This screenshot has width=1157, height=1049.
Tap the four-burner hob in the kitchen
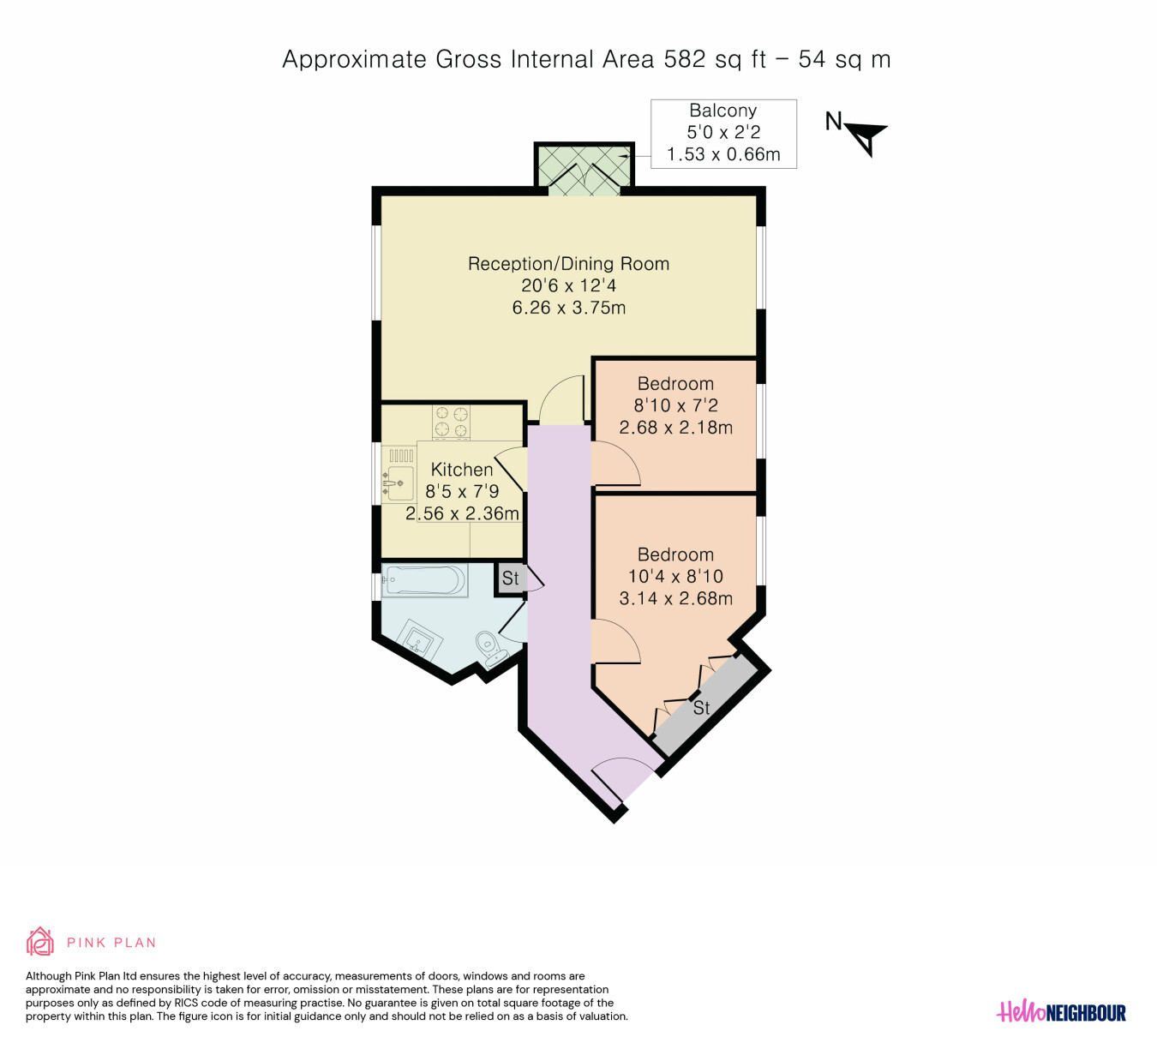[x=451, y=422]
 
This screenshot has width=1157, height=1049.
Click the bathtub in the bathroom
[x=424, y=579]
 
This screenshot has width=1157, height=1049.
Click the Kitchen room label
[x=462, y=469]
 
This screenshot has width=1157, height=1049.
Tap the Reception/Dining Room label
[x=568, y=264]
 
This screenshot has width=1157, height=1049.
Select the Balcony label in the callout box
[x=722, y=111]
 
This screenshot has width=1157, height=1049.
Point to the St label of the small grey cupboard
[x=510, y=578]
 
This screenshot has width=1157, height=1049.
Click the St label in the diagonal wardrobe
[x=701, y=707]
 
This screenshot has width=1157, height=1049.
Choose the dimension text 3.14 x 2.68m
[x=675, y=598]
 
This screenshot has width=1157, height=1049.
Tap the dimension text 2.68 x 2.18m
[x=675, y=427]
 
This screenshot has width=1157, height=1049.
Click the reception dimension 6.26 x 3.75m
[x=569, y=307]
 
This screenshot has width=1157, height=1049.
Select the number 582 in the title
[x=685, y=59]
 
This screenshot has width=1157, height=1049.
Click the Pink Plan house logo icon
[x=39, y=941]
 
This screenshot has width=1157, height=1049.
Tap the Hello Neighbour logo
[x=1061, y=1012]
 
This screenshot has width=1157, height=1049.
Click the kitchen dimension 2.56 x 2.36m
[x=462, y=513]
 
